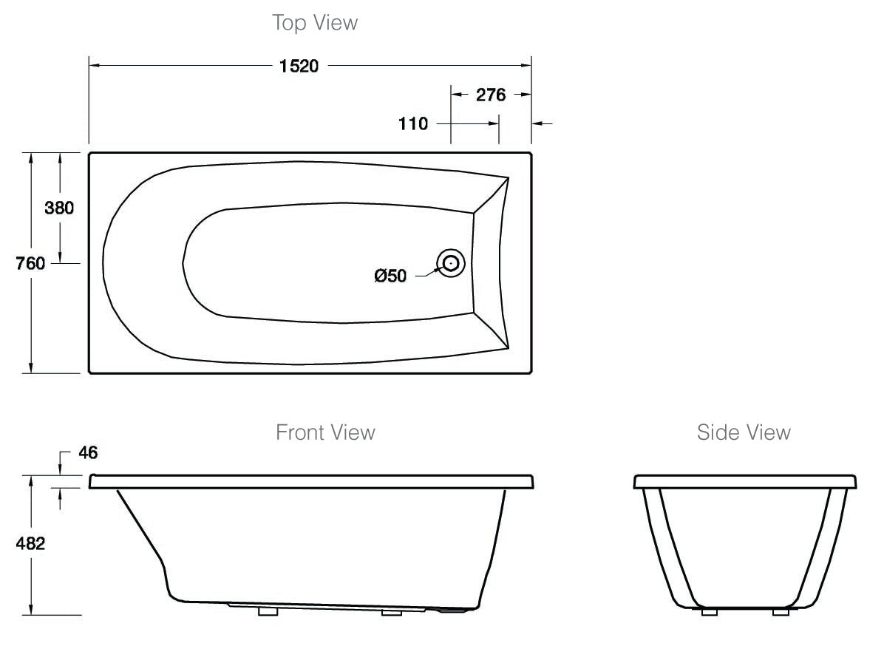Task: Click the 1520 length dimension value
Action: [x=299, y=66]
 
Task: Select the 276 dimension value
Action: [x=490, y=95]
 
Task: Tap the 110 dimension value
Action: [x=413, y=123]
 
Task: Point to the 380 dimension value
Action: [x=59, y=208]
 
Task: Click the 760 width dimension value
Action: [x=31, y=262]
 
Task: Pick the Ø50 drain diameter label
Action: [x=390, y=276]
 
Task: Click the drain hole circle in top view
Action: [x=450, y=262]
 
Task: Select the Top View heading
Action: [x=315, y=23]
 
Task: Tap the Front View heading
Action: [x=325, y=432]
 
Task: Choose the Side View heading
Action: [x=744, y=432]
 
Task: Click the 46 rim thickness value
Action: [x=88, y=452]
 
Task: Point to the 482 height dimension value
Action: [x=31, y=544]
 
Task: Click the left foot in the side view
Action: [x=709, y=612]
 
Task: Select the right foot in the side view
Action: [x=781, y=612]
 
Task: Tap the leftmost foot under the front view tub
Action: [x=267, y=612]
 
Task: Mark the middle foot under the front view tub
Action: [x=391, y=612]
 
